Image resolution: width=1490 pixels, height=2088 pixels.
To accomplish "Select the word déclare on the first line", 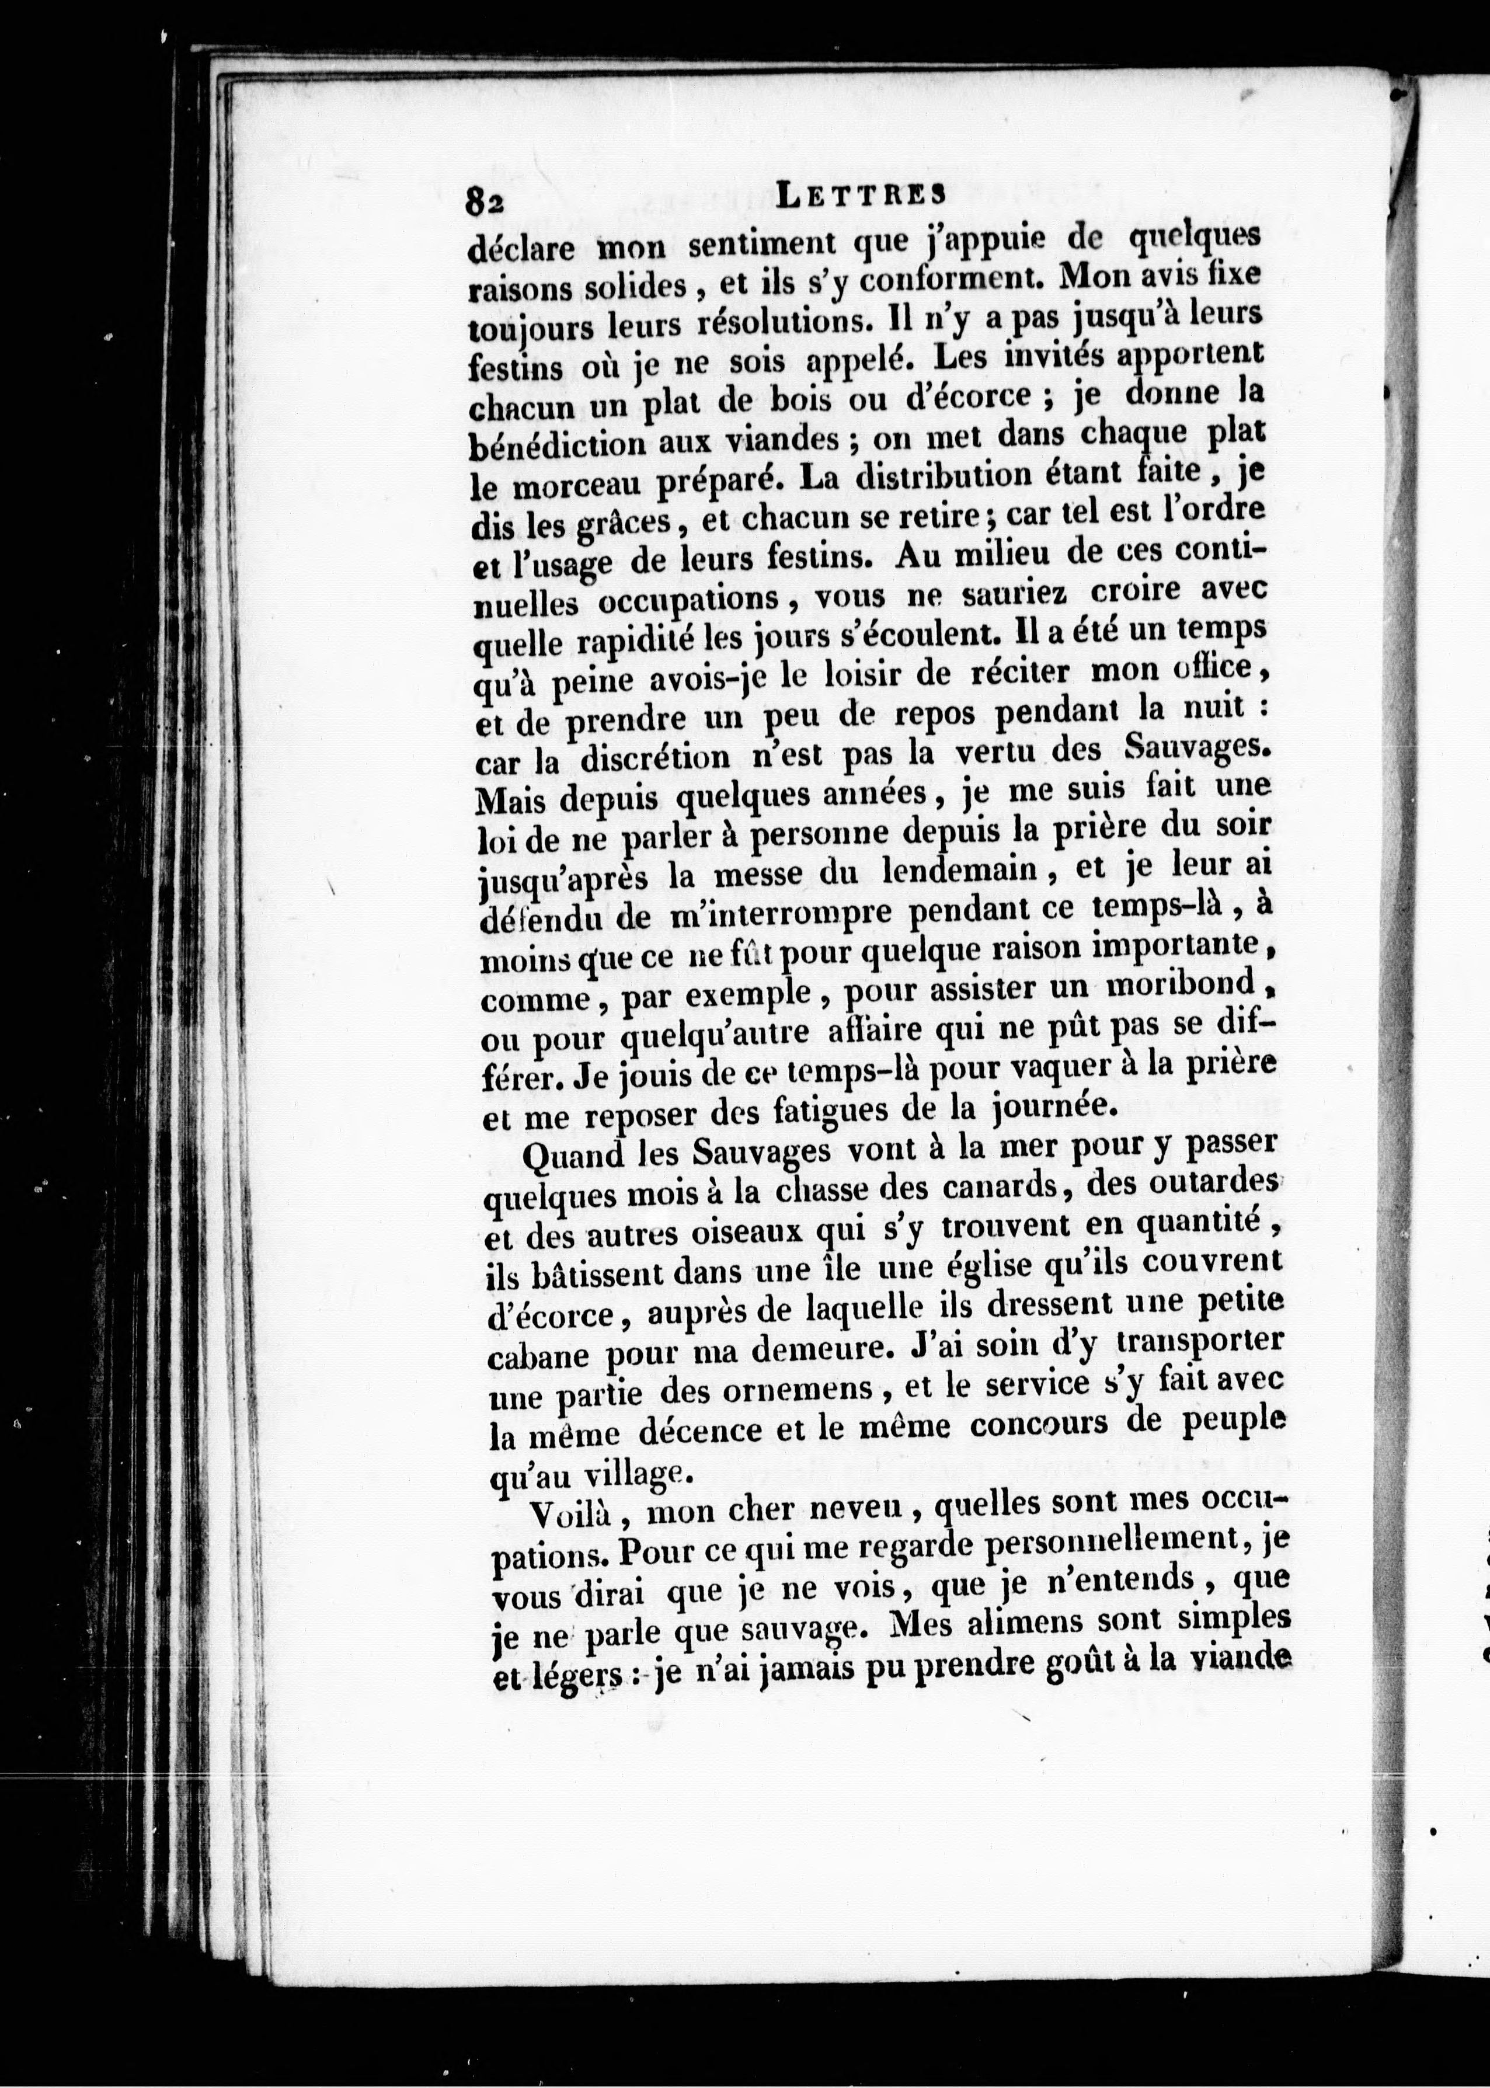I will coord(521,248).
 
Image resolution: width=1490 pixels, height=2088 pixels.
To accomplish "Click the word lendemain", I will coord(958,869).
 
